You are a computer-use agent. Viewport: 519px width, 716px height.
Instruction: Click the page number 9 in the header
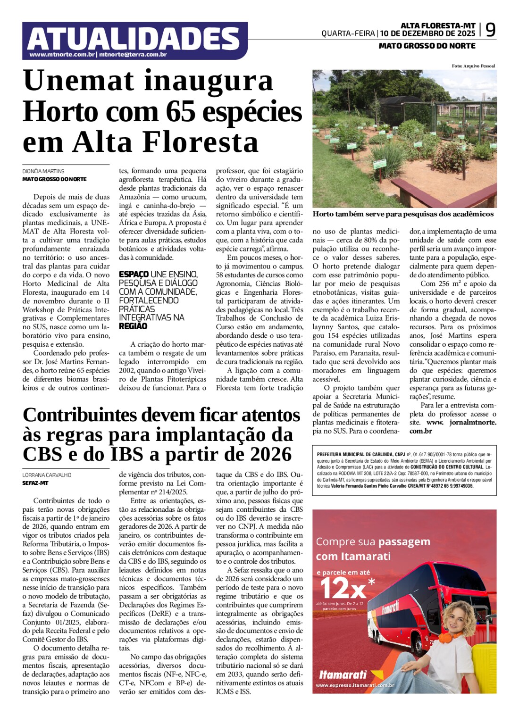coord(491,30)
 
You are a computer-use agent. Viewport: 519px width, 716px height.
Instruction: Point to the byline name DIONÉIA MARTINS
coord(43,171)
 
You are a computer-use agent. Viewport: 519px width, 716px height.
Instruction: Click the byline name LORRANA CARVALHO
coord(47,475)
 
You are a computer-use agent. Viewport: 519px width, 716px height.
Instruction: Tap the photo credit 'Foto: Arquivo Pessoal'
coord(473,66)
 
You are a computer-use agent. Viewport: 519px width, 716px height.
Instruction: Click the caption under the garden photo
coord(403,214)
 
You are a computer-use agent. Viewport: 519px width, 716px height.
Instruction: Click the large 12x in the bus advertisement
coord(343,589)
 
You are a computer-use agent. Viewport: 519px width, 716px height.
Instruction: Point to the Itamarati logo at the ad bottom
coord(343,675)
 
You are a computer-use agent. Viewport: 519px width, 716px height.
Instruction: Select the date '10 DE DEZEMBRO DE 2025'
coord(427,33)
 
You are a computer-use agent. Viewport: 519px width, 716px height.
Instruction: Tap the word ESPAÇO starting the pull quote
coord(134,274)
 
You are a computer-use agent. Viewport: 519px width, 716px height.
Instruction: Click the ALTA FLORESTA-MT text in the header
coord(438,25)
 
